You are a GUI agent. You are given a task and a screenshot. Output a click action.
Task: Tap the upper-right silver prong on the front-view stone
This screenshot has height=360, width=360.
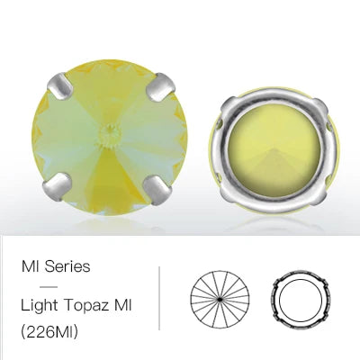[160, 86]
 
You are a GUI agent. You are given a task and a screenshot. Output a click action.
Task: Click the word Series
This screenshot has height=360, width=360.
[67, 266]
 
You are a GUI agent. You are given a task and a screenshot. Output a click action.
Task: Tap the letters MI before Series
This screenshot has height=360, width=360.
[30, 266]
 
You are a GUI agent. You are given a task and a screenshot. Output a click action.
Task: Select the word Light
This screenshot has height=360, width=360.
[40, 306]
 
